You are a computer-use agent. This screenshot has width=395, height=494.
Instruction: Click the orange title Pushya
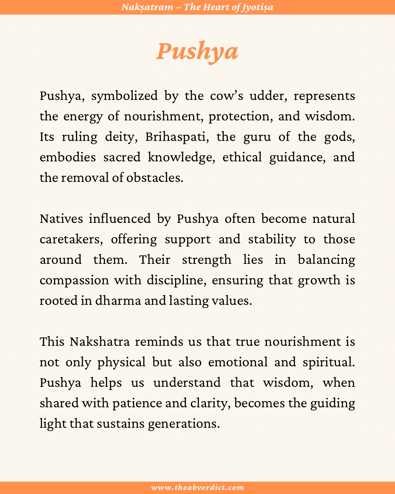coord(197,51)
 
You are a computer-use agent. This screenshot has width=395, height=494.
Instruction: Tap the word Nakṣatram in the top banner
coord(147,7)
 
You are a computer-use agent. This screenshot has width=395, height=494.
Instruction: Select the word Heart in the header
coord(213,7)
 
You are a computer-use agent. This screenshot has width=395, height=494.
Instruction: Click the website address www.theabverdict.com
coord(197,487)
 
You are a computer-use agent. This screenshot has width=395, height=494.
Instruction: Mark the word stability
coord(272,239)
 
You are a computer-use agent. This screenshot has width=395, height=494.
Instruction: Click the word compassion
coord(74,280)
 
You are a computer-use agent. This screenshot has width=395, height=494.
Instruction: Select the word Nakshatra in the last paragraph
coord(100,342)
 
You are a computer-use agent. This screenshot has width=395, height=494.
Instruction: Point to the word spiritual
coord(328,362)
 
